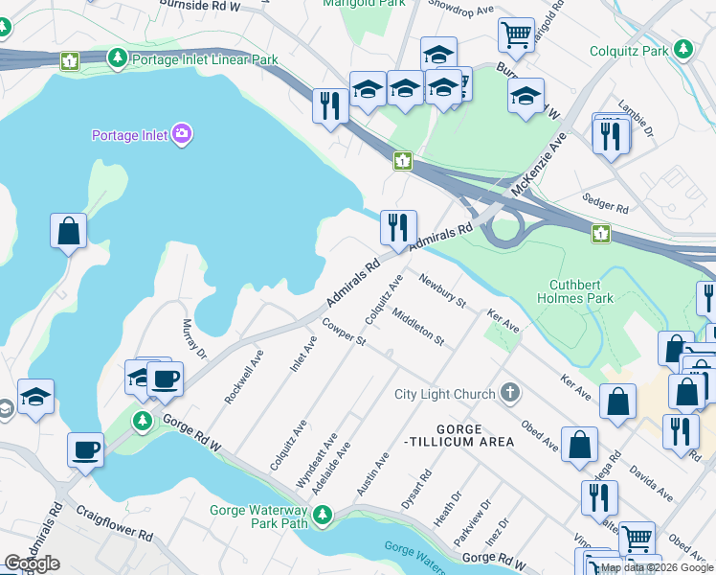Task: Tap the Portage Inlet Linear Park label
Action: (x=204, y=59)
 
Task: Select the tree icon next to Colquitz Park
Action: (x=682, y=49)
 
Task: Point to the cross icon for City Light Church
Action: (x=511, y=393)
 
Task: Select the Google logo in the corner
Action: (x=32, y=563)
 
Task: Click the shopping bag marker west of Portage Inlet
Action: (x=68, y=231)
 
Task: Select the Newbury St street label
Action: (x=441, y=290)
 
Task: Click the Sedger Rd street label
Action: (x=605, y=202)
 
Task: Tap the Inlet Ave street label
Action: (x=304, y=355)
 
